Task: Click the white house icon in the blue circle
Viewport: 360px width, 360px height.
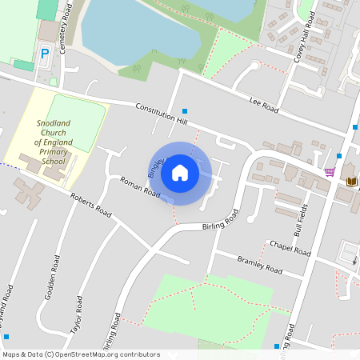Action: click(180, 172)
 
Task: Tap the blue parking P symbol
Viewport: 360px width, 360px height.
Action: click(45, 54)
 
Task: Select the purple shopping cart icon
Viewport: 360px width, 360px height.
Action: click(330, 171)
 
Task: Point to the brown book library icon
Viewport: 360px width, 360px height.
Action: click(351, 182)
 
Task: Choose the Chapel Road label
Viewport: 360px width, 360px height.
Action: click(290, 247)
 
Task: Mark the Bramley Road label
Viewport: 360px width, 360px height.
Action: click(260, 265)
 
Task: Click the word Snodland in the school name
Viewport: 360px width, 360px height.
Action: click(54, 122)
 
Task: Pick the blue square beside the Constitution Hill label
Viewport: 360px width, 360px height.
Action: click(186, 111)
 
